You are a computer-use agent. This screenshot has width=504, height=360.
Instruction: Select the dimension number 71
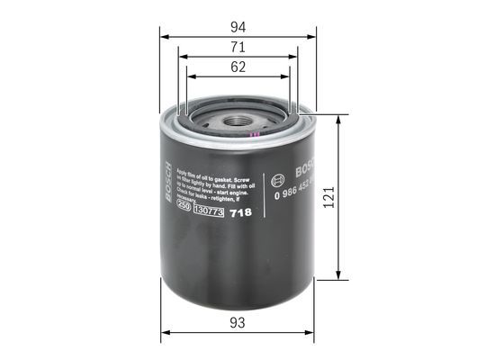[x=238, y=45]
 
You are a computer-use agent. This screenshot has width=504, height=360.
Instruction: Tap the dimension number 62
[x=238, y=67]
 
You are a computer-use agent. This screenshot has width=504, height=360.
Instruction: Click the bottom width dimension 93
[x=238, y=322]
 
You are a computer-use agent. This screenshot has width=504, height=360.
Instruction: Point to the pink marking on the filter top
[x=256, y=136]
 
